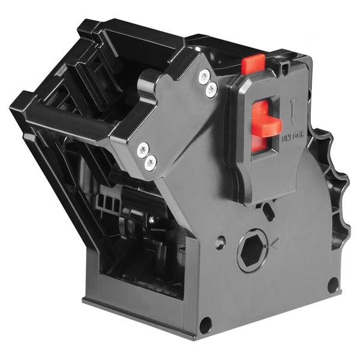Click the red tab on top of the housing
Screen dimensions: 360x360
coord(253,62)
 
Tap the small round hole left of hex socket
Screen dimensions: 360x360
coord(220,243)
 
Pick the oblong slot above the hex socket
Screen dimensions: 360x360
coord(268,211)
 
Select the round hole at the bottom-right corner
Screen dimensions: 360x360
coord(332,285)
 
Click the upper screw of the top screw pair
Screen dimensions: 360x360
coord(205,76)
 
